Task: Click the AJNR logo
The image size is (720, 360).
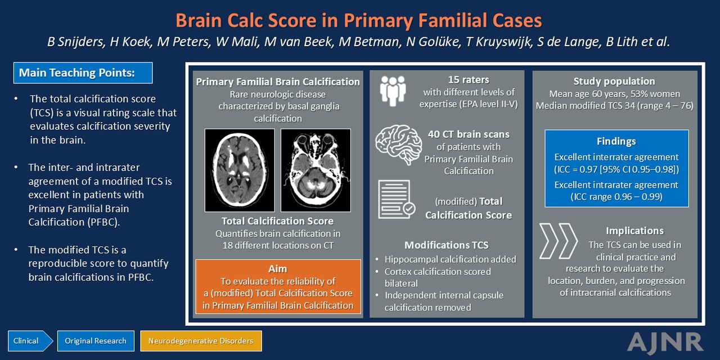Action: coord(665,343)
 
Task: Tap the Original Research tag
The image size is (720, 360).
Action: coord(96,341)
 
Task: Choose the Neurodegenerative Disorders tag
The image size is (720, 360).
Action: coord(201,341)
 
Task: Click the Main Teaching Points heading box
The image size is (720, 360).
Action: coord(83,73)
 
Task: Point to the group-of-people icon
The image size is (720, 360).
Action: coord(393,91)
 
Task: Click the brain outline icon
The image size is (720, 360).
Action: coord(399,145)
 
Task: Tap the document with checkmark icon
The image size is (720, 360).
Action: coord(397,199)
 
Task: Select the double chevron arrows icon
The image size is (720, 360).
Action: coord(559,241)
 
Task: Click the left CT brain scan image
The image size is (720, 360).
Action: coord(240,170)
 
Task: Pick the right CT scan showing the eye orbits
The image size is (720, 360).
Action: coord(316,170)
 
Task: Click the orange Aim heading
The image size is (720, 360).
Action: coord(278,269)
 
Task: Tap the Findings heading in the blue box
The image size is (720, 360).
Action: coord(616,141)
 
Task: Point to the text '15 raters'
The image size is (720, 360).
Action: coord(469,80)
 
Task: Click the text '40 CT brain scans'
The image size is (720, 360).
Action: coord(469,134)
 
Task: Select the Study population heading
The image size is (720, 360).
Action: coord(614,82)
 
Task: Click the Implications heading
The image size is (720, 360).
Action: coord(635,231)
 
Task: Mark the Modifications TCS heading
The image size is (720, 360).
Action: coord(447,245)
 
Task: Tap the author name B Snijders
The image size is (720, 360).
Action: coord(76,42)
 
